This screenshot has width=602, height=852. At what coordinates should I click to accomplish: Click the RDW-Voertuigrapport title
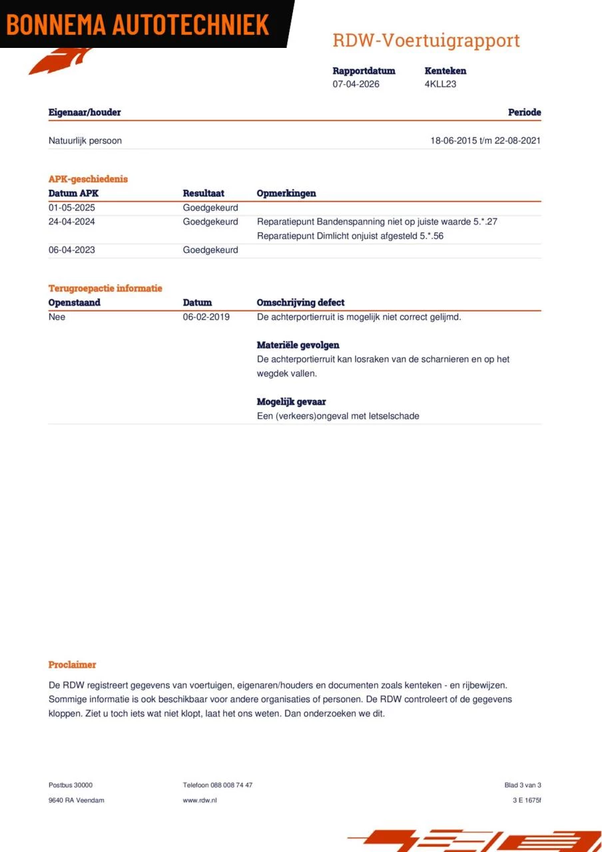[426, 40]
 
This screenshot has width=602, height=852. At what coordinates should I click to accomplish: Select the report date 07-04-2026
[356, 85]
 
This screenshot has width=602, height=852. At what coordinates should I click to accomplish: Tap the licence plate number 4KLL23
[440, 85]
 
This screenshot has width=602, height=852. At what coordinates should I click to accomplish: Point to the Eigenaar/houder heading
[85, 112]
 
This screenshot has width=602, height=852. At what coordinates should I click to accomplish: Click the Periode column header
[524, 112]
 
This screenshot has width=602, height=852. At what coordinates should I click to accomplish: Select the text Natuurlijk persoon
[85, 141]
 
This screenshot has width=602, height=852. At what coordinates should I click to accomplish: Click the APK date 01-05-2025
[72, 208]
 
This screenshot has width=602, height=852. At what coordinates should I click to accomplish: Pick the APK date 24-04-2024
[72, 222]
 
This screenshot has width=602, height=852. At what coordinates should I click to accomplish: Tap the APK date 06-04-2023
[72, 250]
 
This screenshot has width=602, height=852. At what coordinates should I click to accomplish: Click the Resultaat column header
[203, 194]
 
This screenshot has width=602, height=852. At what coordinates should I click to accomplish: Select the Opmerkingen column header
[286, 194]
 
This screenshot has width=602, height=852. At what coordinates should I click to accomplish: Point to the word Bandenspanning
[346, 222]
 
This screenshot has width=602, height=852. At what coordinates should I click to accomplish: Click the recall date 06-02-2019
[206, 317]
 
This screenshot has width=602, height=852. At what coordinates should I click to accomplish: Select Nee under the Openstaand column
[57, 317]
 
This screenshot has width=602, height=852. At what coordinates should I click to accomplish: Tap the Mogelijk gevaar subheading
[291, 402]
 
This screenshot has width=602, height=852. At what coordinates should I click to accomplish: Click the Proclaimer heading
[72, 665]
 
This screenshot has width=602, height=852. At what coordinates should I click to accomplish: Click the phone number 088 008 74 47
[231, 785]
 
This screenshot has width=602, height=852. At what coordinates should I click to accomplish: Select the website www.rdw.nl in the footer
[200, 800]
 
